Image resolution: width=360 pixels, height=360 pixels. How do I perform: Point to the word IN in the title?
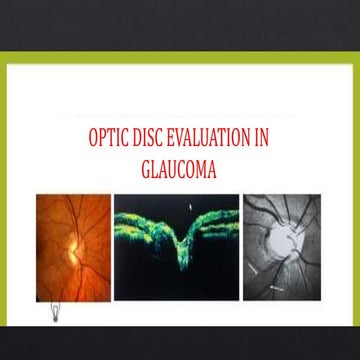pos(277,141)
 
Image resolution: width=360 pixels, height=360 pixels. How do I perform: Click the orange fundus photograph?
pos(73,247)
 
